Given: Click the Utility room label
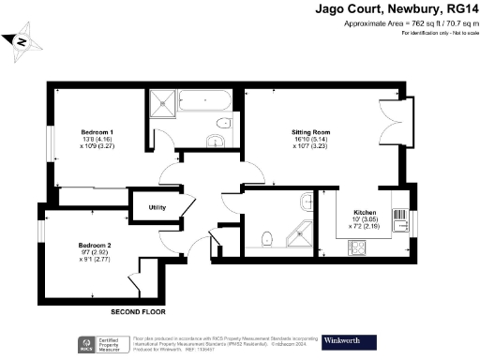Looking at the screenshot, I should point(155,206).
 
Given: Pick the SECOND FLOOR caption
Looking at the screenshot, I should point(138,310).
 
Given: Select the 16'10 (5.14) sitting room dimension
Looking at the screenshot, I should point(283,142).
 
